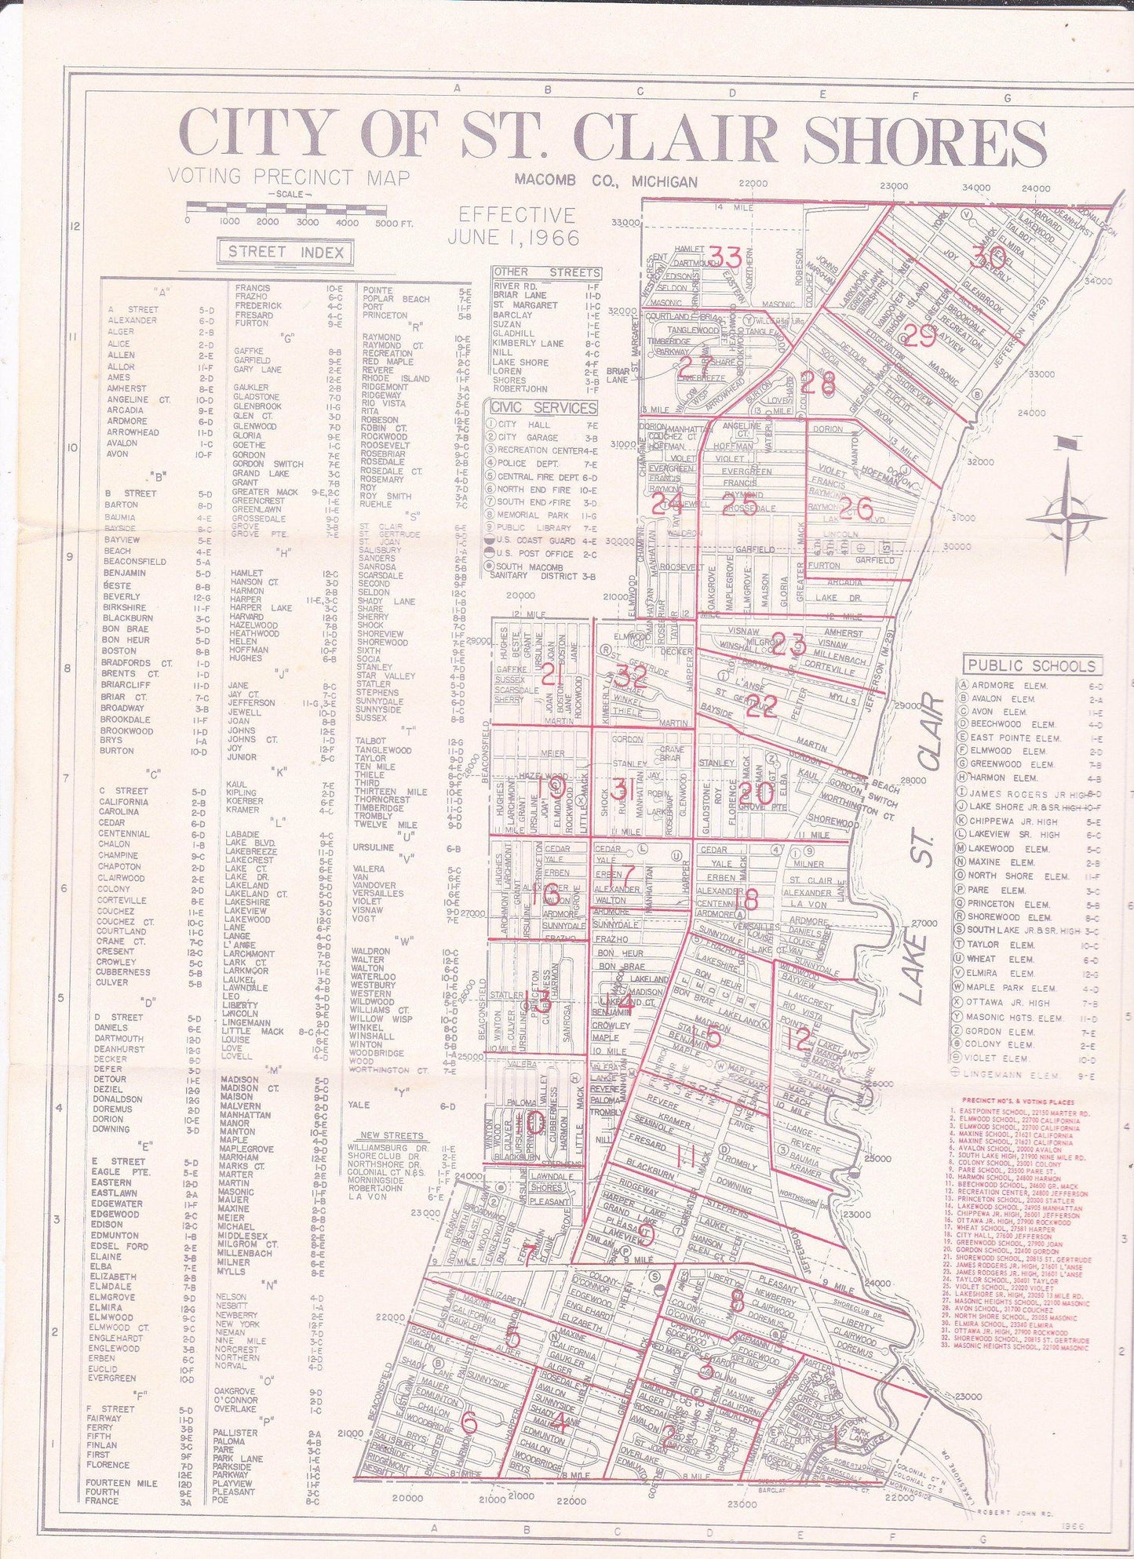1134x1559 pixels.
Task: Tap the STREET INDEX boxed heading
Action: (285, 252)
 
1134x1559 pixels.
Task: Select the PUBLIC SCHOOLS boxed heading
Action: (1031, 666)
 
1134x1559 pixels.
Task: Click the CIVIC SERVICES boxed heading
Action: (541, 407)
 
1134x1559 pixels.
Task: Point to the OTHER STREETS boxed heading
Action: (547, 272)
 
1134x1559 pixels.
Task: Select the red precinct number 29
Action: (919, 336)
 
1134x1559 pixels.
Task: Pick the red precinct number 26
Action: (855, 509)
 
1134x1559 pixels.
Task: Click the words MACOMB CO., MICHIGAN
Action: (605, 181)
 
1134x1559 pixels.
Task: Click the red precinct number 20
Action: (755, 793)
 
